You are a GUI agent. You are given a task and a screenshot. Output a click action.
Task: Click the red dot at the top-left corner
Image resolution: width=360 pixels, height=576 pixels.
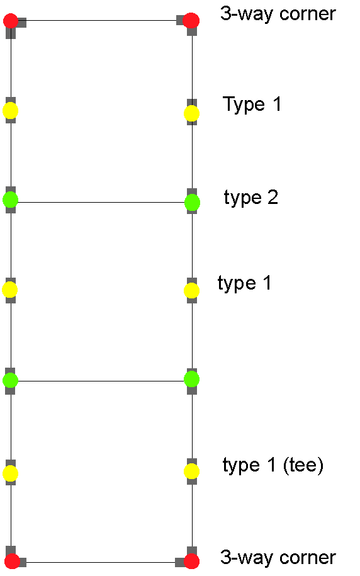(x=11, y=21)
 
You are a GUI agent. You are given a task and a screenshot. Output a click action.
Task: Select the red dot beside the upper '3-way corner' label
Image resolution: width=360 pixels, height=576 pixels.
(x=191, y=20)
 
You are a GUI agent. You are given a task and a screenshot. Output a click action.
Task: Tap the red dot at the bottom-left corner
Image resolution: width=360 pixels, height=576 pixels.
(x=12, y=562)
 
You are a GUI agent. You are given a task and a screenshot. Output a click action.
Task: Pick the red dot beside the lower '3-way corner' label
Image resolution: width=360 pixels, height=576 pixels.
(x=191, y=562)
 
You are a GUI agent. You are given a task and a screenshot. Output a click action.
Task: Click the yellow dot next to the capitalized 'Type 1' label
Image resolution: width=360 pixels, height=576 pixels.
(x=191, y=113)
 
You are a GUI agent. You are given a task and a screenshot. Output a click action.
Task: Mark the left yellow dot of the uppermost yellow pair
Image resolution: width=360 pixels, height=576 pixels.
(x=10, y=111)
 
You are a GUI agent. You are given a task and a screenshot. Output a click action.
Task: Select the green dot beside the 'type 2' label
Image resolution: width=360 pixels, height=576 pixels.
(x=192, y=203)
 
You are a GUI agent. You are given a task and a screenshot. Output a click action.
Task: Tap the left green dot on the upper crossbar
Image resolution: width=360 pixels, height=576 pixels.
(x=10, y=200)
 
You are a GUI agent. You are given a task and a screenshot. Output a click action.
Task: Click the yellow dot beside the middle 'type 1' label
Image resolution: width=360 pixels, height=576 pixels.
(x=191, y=291)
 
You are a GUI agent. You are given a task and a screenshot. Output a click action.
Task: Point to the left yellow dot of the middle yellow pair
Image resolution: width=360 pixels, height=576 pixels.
(x=10, y=290)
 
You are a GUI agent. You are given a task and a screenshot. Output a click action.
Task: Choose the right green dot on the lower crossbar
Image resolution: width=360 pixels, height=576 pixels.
(x=191, y=379)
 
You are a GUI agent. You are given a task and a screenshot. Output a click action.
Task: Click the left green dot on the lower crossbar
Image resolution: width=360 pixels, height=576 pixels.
(x=10, y=380)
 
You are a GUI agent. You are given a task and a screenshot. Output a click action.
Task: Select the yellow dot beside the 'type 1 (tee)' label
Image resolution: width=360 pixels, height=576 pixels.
(x=191, y=472)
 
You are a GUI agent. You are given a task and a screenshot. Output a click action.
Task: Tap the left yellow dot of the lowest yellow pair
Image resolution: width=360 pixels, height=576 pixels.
(x=10, y=473)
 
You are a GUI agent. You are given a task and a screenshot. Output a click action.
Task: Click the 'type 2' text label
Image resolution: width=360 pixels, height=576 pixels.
(x=251, y=198)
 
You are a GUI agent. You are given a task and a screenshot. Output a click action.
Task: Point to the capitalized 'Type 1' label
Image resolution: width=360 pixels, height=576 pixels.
(x=252, y=104)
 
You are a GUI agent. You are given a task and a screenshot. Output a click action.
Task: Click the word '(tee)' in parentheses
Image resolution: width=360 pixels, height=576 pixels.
(x=303, y=465)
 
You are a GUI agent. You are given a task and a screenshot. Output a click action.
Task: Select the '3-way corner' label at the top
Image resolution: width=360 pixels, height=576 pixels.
(x=278, y=14)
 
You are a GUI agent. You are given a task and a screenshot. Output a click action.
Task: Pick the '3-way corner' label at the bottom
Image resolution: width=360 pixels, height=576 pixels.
(x=278, y=557)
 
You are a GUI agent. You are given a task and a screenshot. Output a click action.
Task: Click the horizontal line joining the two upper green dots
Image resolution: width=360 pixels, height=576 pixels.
(x=101, y=202)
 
